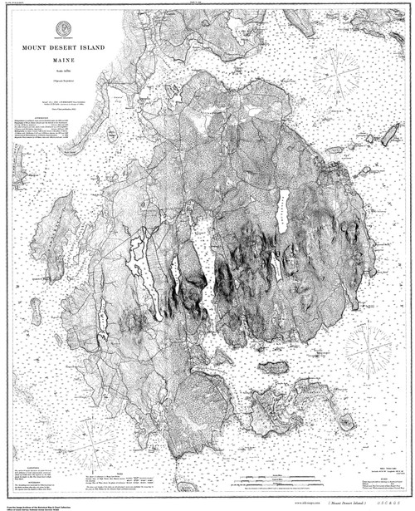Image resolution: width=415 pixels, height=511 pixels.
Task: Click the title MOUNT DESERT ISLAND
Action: [64, 47]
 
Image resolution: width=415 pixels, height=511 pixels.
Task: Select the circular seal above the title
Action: [64, 31]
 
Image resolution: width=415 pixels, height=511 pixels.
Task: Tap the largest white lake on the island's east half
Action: [283, 216]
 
